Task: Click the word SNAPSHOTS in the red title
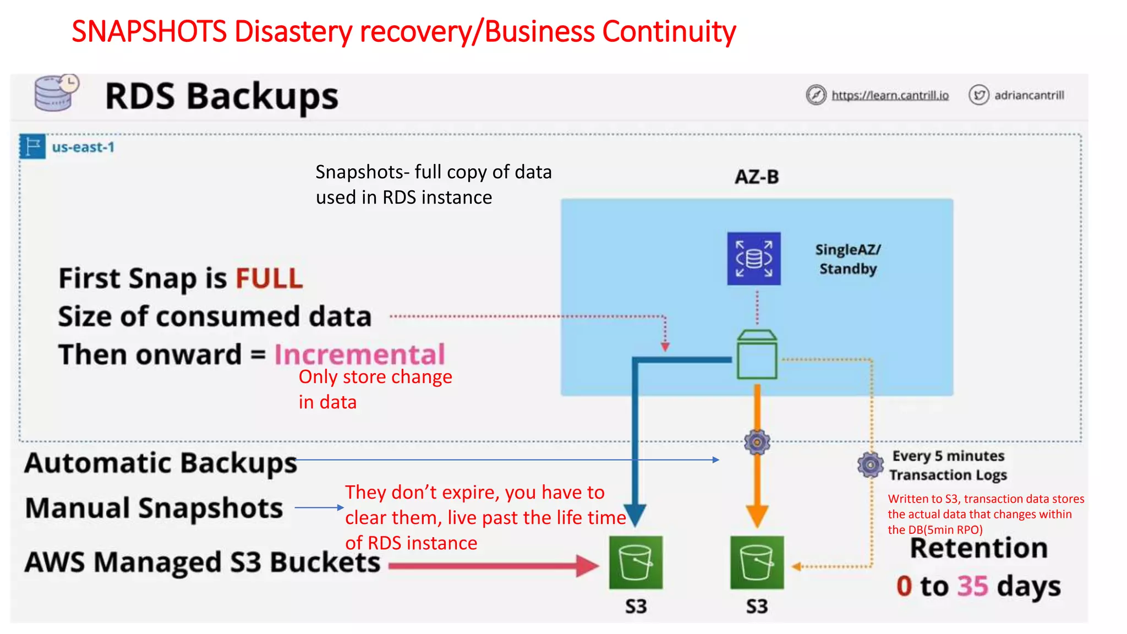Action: pyautogui.click(x=149, y=31)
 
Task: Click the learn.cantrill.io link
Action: pyautogui.click(x=890, y=95)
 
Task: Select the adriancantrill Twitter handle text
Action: pyautogui.click(x=1028, y=95)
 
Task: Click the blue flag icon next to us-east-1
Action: pyautogui.click(x=32, y=146)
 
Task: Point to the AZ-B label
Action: pyautogui.click(x=757, y=177)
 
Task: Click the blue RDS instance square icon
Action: pyautogui.click(x=753, y=258)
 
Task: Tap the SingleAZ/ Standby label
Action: pyautogui.click(x=847, y=259)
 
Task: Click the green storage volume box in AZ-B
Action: pyautogui.click(x=757, y=354)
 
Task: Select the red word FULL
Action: pyautogui.click(x=269, y=278)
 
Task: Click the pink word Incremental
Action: pyautogui.click(x=359, y=354)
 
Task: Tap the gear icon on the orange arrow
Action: pyautogui.click(x=757, y=442)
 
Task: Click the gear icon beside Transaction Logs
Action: pyautogui.click(x=870, y=465)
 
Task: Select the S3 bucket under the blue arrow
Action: pyautogui.click(x=636, y=562)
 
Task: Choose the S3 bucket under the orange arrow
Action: pyautogui.click(x=757, y=562)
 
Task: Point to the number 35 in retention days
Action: pyautogui.click(x=972, y=586)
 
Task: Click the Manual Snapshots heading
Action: pyautogui.click(x=154, y=507)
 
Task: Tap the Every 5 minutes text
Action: pyautogui.click(x=948, y=456)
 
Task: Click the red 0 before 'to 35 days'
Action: pyautogui.click(x=904, y=586)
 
